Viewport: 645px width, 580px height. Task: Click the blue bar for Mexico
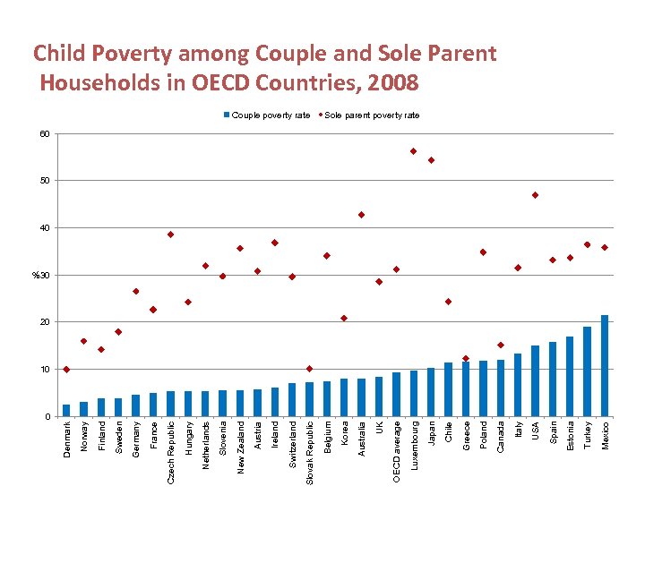click(x=605, y=366)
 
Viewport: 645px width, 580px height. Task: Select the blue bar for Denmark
click(x=66, y=410)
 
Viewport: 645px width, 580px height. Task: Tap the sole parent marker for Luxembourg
click(x=413, y=151)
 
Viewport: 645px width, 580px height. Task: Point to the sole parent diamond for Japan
click(x=431, y=160)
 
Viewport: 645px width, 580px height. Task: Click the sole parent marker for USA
click(x=535, y=195)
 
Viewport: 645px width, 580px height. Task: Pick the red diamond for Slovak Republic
click(x=309, y=369)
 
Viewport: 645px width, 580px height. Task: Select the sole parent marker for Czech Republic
click(x=170, y=235)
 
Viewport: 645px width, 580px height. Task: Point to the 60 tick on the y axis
click(x=43, y=134)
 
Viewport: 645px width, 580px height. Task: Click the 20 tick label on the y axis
click(x=43, y=322)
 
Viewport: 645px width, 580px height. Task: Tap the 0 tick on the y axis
click(x=46, y=416)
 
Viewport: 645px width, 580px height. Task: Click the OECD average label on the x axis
click(x=396, y=451)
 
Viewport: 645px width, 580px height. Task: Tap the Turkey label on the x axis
click(x=588, y=435)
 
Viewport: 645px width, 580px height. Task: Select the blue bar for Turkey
click(x=588, y=371)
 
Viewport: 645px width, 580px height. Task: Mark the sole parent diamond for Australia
click(x=361, y=215)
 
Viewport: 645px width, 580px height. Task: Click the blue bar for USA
click(x=535, y=380)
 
